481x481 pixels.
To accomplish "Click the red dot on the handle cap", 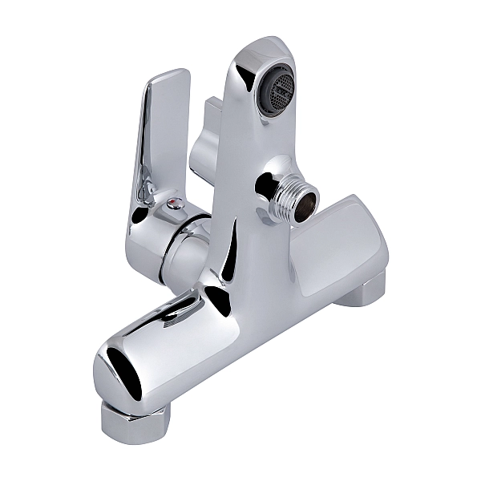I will (173, 205).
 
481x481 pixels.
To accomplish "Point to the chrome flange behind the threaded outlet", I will (269, 186).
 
